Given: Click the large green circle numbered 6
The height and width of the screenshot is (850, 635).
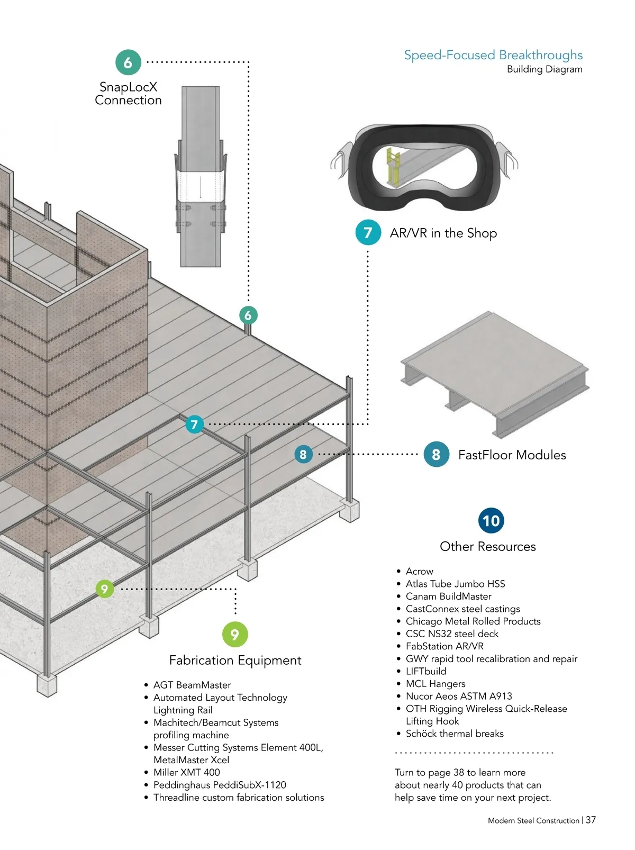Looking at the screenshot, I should coord(128,62).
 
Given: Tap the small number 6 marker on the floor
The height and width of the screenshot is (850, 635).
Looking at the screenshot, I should coord(248,315).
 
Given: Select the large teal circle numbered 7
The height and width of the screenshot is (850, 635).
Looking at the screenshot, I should coord(368,232).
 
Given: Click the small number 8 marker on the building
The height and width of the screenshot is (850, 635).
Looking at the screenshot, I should coord(303,454).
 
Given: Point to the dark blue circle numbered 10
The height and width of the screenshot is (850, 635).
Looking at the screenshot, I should coord(491,521).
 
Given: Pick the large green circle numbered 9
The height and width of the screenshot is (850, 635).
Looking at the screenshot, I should coord(235,634).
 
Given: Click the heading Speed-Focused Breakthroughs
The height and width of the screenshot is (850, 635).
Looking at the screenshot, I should coord(493,55).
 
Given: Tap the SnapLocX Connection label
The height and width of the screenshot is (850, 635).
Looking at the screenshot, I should coord(128,94).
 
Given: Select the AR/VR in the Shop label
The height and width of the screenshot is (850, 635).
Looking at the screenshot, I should coord(443,233).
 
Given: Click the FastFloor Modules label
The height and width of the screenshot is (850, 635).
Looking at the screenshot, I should coord(512,455).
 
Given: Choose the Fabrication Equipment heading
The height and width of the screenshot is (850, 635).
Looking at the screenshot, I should coord(235,660).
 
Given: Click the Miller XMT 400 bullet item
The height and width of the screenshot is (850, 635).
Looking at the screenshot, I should coord(186,772).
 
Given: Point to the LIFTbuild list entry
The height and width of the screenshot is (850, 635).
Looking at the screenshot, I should coord(426,671).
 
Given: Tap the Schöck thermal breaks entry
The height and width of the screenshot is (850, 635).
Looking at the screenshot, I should coord(455,734).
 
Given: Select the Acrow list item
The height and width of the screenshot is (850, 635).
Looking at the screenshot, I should coord(419,571).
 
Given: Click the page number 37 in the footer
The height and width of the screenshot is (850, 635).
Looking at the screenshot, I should coord(591,820).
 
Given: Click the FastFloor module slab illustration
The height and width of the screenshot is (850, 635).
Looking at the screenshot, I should coord(495,373).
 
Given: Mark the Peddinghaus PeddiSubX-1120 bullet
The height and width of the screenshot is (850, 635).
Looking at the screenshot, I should coord(220,785).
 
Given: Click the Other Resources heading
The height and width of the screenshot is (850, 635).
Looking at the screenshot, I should coord(487,547).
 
